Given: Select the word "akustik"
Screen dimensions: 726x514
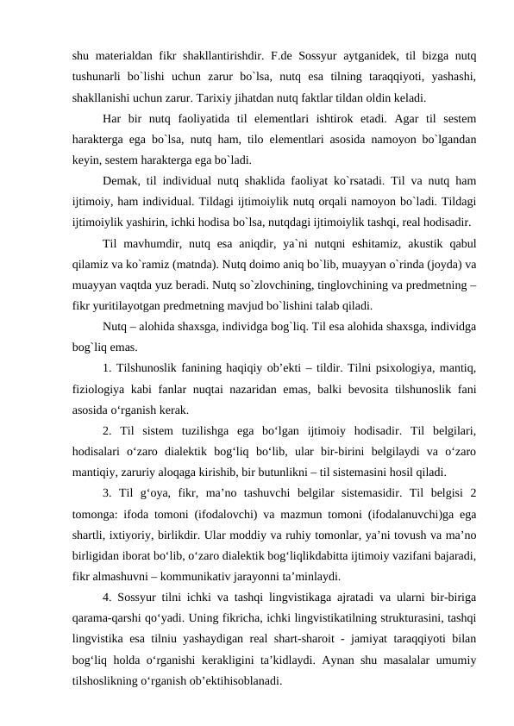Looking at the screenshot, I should pyautogui.click(x=397, y=243).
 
